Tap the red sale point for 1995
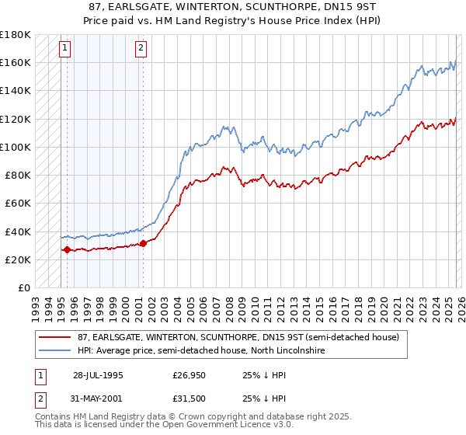pyautogui.click(x=67, y=249)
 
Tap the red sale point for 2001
pyautogui.click(x=143, y=243)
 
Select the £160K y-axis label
pyautogui.click(x=15, y=62)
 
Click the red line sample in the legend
pyautogui.click(x=55, y=337)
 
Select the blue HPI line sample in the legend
pyautogui.click(x=55, y=351)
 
